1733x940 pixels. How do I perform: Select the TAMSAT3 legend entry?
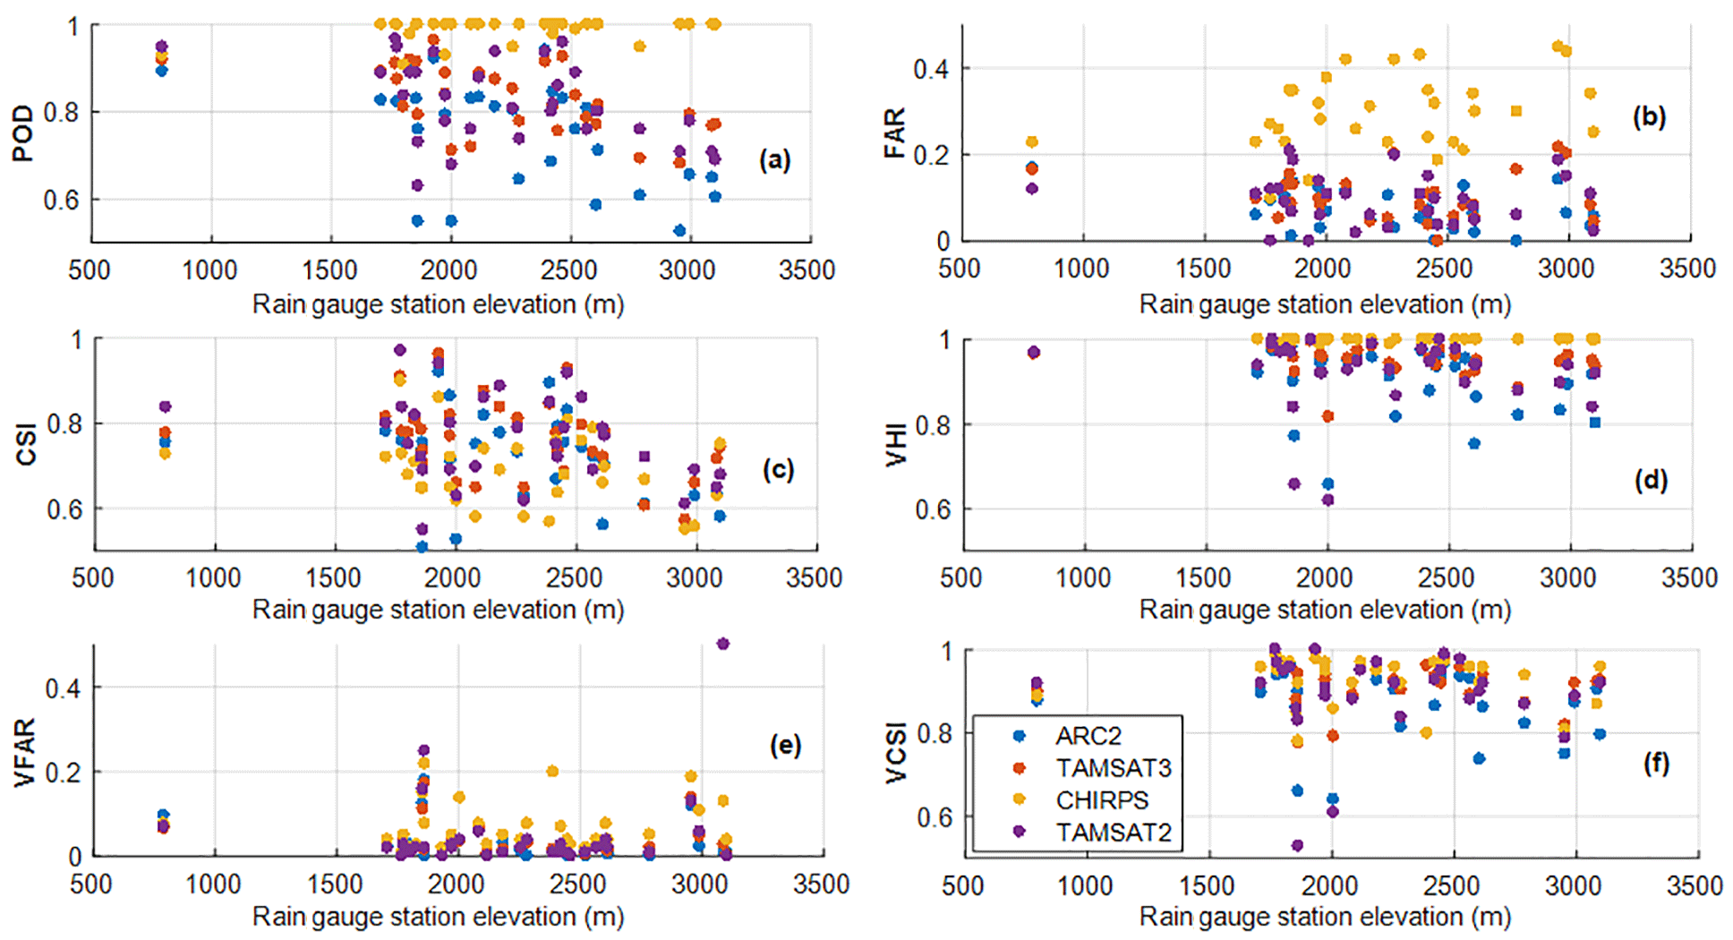[x=1113, y=768]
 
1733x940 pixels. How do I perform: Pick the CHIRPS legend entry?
[x=1101, y=800]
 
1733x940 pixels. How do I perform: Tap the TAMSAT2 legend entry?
[x=1113, y=833]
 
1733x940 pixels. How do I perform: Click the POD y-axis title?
[x=22, y=132]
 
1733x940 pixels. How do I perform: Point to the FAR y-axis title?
[x=894, y=132]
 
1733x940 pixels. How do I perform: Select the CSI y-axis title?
[x=26, y=444]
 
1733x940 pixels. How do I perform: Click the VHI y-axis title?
[x=896, y=445]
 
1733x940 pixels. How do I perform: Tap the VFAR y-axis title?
[x=24, y=752]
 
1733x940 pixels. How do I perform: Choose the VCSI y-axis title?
[x=896, y=753]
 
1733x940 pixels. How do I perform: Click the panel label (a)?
[x=774, y=160]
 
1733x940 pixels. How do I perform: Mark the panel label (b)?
[x=1648, y=117]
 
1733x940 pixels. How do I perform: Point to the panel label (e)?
[x=785, y=745]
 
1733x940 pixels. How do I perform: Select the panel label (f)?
[x=1656, y=763]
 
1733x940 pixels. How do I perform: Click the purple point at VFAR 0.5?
[x=723, y=644]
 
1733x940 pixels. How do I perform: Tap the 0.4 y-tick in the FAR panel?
[x=931, y=69]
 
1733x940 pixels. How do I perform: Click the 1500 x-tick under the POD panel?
[x=329, y=269]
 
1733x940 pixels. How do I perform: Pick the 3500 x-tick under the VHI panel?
[x=1689, y=577]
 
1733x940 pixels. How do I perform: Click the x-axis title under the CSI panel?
[x=438, y=610]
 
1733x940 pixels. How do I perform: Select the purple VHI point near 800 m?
[x=1034, y=353]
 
